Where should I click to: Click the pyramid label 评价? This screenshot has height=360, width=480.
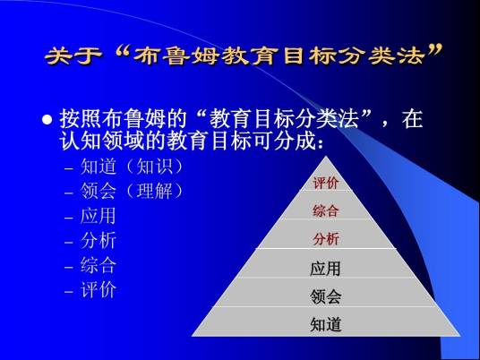point(325,184)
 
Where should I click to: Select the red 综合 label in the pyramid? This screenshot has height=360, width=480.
point(325,211)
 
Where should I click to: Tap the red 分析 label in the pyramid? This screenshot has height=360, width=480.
point(325,239)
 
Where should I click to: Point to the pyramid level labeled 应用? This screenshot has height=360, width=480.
point(325,268)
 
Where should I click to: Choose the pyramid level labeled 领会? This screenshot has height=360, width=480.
point(325,296)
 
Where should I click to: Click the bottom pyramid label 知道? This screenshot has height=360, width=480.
point(325,323)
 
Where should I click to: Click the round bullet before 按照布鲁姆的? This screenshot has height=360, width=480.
point(48,120)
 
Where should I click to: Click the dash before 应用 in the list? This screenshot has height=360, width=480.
point(69,217)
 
